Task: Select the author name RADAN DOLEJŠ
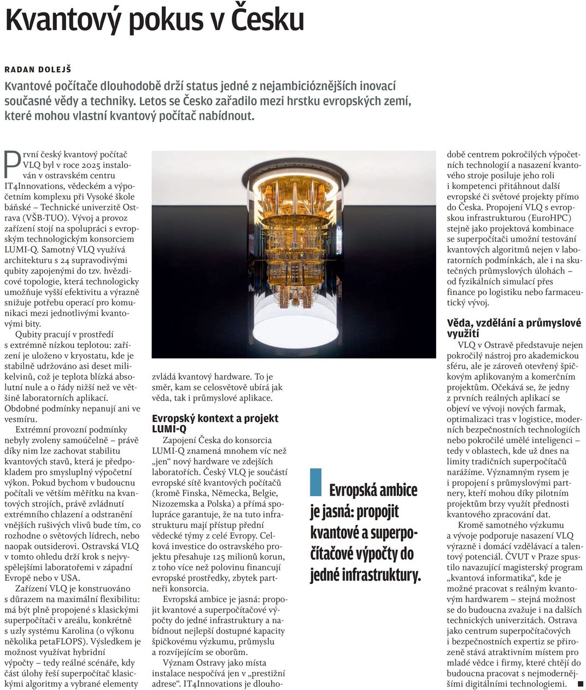[38, 69]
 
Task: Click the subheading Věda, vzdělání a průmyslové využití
[514, 328]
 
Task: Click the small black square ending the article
[580, 683]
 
